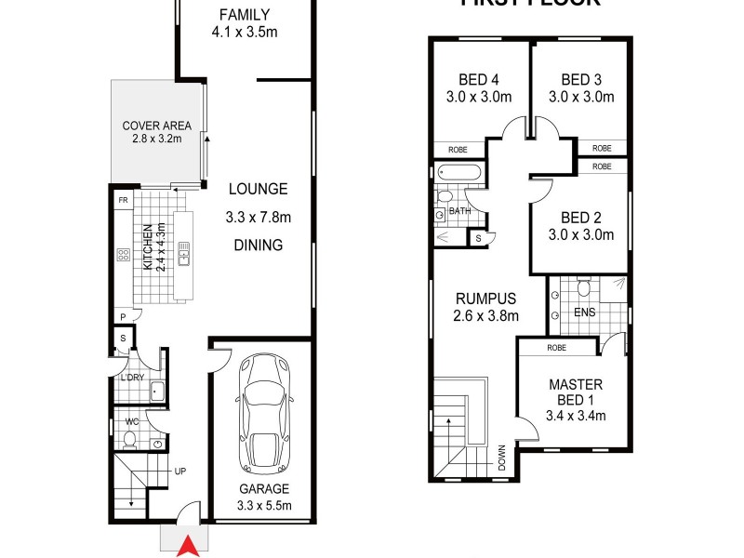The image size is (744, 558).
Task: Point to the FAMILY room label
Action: [x=245, y=15]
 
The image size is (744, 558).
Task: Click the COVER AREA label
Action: [x=156, y=126]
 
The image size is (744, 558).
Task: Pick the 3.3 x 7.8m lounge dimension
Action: [x=259, y=219]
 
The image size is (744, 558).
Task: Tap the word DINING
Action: [x=259, y=246]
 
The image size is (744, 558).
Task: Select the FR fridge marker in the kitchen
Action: [x=122, y=200]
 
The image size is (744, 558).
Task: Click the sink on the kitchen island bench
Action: [x=183, y=252]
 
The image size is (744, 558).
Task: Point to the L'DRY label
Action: [x=128, y=378]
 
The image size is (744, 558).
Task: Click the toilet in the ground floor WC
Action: [x=130, y=438]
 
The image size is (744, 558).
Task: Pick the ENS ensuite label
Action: [x=584, y=312]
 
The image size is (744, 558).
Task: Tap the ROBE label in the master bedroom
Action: [x=557, y=347]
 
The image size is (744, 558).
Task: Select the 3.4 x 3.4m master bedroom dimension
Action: [x=576, y=416]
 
